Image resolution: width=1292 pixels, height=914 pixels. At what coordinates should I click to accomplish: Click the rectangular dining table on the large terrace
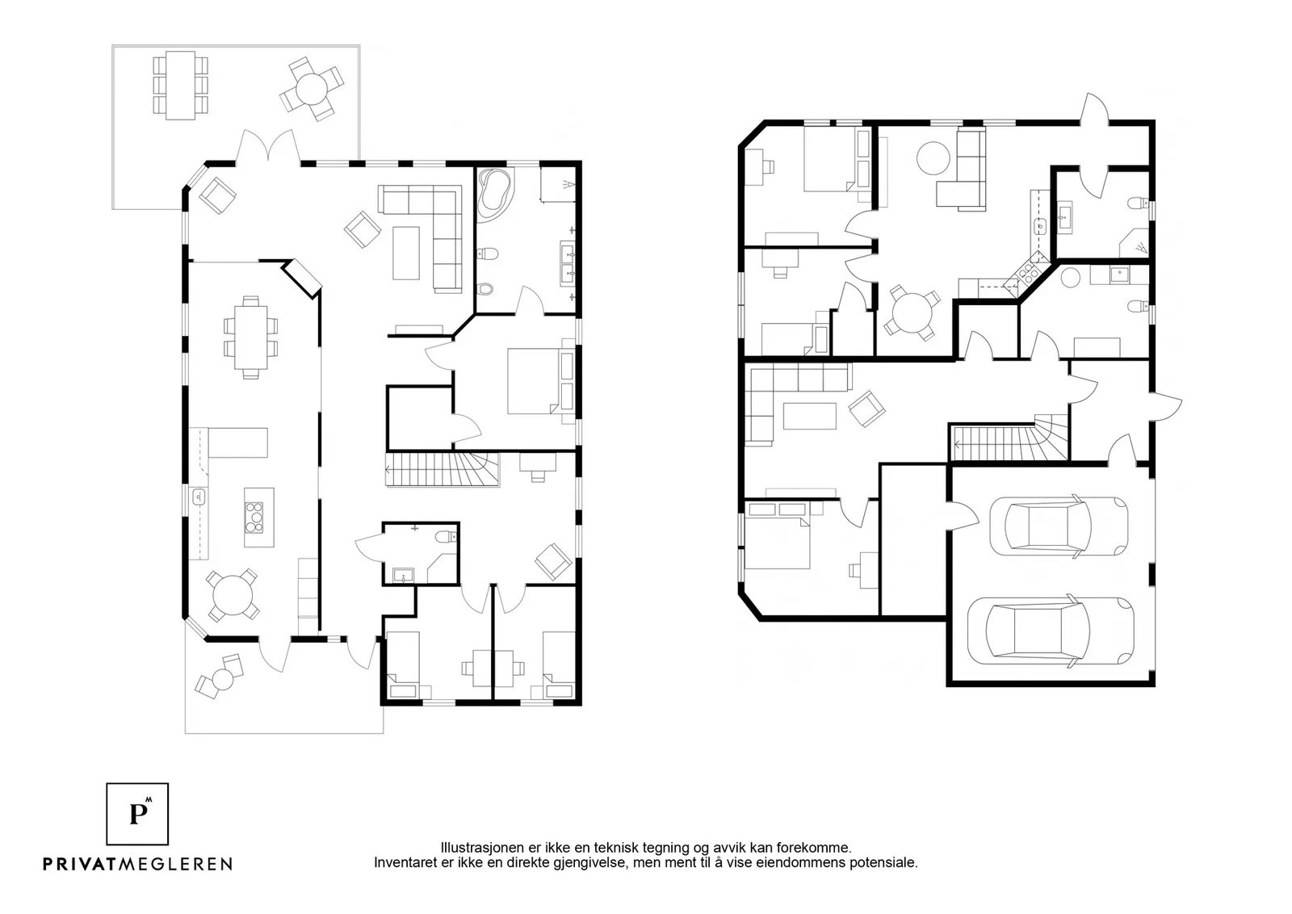181,86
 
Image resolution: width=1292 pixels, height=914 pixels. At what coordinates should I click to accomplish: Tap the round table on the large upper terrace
312,90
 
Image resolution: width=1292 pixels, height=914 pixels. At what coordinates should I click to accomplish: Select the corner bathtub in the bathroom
494,195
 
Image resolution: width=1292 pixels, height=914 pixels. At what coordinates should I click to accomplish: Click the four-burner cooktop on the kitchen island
254,518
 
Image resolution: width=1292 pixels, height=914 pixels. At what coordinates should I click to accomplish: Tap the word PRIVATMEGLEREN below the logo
138,864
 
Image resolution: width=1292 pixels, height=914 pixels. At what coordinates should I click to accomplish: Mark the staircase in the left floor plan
442,469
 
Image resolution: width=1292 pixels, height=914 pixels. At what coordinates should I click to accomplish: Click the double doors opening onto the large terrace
268,146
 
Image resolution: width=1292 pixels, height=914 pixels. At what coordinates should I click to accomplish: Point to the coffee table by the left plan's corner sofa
406,253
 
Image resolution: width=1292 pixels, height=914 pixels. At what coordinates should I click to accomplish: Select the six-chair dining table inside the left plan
251,338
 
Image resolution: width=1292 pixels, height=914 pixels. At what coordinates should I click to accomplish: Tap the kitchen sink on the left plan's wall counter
199,496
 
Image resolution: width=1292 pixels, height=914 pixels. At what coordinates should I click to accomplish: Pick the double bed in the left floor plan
534,380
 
